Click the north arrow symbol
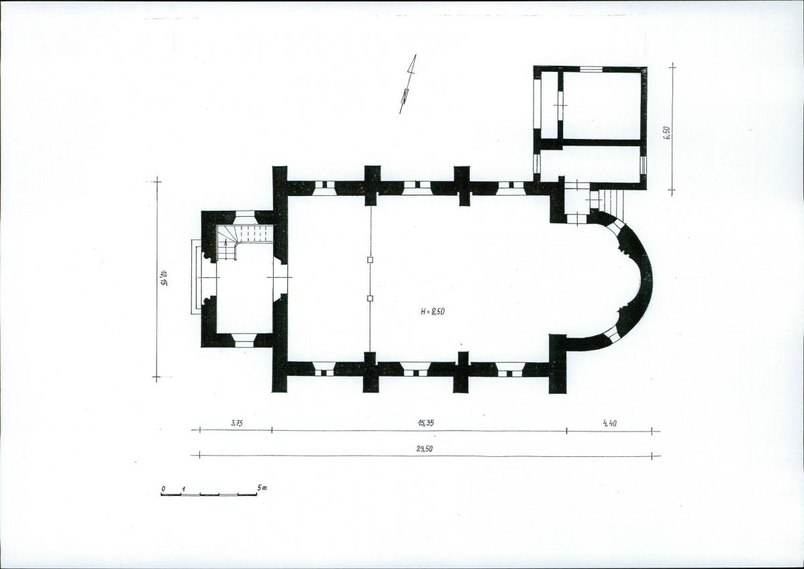(407, 85)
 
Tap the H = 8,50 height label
(432, 311)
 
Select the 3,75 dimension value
(236, 423)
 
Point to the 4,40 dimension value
(610, 423)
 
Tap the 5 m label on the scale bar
(262, 488)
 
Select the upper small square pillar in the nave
(370, 260)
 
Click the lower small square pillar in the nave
(370, 298)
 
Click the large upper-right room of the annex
(601, 105)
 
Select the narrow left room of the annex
(550, 105)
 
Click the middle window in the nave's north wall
(416, 185)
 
